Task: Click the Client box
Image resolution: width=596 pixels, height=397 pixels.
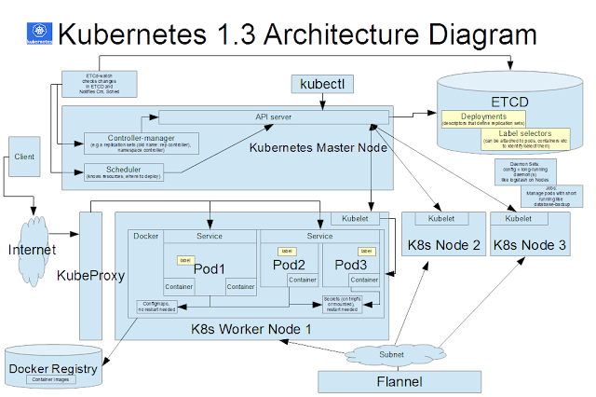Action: [25, 158]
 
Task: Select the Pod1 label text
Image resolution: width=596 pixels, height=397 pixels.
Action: [210, 267]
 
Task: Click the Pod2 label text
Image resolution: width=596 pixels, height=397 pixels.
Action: [289, 265]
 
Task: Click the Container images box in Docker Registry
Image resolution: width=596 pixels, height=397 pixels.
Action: [52, 379]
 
